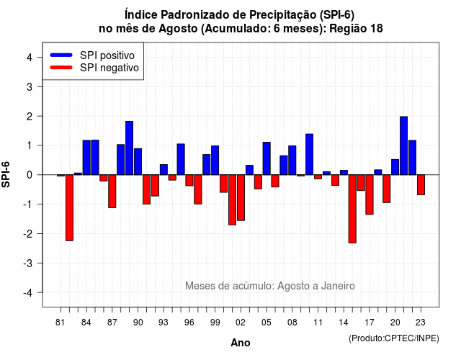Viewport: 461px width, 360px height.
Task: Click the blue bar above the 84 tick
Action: tap(86, 158)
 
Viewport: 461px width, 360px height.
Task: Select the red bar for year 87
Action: tap(112, 192)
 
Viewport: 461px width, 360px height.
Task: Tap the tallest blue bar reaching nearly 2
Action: tap(403, 145)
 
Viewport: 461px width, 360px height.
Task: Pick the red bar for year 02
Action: tap(241, 197)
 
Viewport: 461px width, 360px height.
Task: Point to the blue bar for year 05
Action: tap(267, 158)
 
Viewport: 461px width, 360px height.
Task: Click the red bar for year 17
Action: tap(370, 194)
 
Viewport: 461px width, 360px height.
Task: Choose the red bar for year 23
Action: tap(421, 185)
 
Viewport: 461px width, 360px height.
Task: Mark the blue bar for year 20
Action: tap(395, 167)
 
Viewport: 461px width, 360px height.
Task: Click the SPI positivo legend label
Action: tap(107, 55)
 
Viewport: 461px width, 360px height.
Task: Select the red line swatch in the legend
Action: tap(61, 68)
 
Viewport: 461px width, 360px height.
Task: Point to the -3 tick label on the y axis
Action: tap(28, 263)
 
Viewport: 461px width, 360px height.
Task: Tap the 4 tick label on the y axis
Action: tap(30, 58)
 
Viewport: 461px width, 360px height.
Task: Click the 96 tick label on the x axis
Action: tap(189, 323)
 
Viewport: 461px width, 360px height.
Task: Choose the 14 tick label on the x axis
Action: tap(344, 323)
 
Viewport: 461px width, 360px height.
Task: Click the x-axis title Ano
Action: tap(241, 343)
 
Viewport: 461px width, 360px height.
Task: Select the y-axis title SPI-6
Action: tap(6, 174)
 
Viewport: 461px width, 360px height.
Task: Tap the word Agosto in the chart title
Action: tap(178, 29)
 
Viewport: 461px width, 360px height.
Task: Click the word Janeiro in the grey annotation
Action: tap(338, 286)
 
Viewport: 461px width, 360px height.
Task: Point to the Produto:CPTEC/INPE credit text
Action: tap(394, 338)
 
